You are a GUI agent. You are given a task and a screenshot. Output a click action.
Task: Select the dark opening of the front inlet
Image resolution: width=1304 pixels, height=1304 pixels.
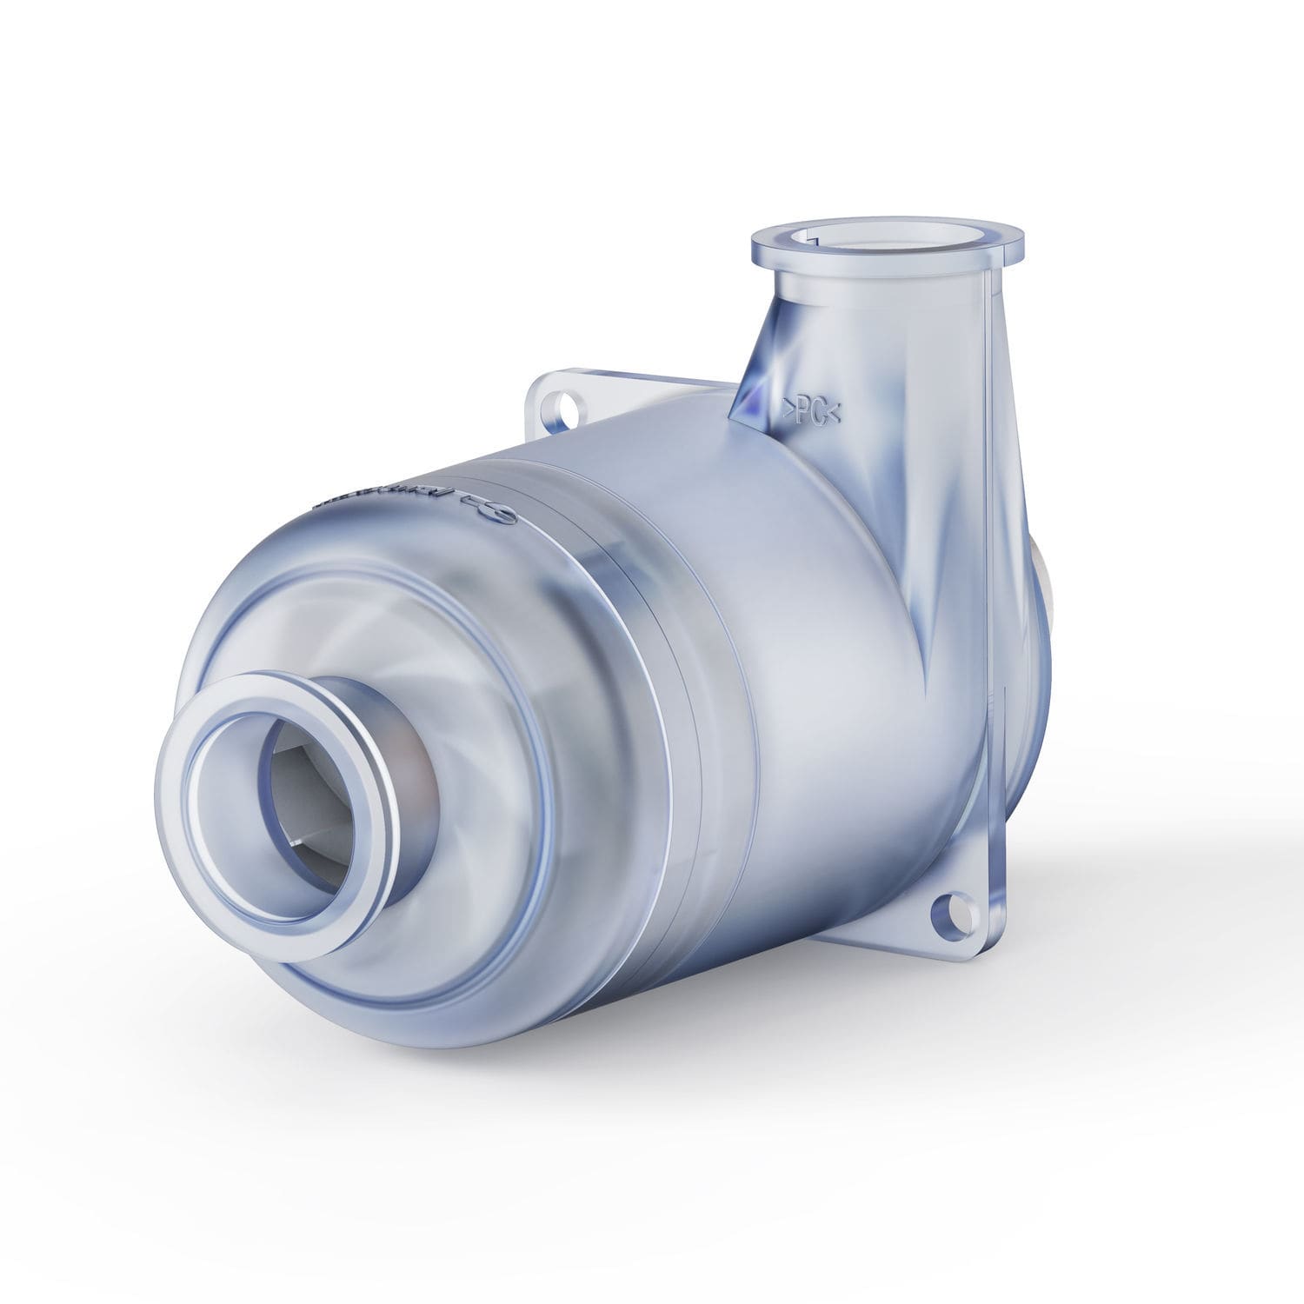(296, 782)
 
